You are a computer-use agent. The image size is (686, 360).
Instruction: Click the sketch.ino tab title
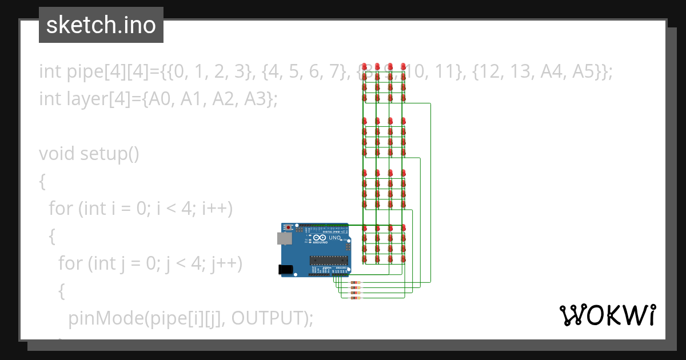tap(101, 25)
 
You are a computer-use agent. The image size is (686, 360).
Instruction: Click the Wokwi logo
tap(607, 315)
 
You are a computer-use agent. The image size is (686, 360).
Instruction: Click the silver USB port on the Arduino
tap(284, 238)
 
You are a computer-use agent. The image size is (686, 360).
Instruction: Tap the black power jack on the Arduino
tap(285, 269)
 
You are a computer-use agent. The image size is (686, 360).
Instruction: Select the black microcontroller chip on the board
tap(329, 261)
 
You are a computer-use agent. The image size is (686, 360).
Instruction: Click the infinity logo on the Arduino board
tap(320, 237)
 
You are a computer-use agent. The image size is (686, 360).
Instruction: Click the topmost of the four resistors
tap(355, 283)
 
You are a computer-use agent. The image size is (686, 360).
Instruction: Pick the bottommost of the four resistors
tap(355, 298)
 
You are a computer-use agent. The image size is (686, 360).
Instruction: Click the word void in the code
tap(57, 154)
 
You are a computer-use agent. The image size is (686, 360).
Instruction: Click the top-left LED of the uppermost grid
tap(364, 67)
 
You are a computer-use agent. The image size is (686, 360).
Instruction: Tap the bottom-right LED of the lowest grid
tap(404, 259)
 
